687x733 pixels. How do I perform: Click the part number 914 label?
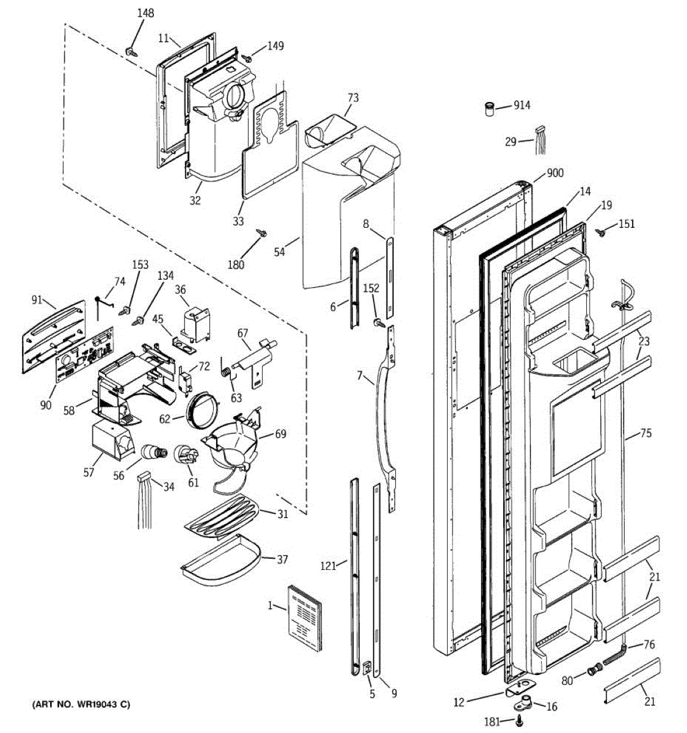pyautogui.click(x=522, y=105)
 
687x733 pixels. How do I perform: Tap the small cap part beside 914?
pyautogui.click(x=489, y=109)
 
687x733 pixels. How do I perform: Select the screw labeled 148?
pyautogui.click(x=132, y=52)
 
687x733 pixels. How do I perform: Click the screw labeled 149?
pyautogui.click(x=247, y=57)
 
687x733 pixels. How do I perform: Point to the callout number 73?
pyautogui.click(x=353, y=98)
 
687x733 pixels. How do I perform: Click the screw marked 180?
pyautogui.click(x=262, y=233)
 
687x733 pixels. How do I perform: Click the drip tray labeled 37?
pyautogui.click(x=220, y=560)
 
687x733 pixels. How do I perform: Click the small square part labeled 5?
pyautogui.click(x=368, y=668)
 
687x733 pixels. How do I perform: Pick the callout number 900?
pyautogui.click(x=555, y=173)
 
